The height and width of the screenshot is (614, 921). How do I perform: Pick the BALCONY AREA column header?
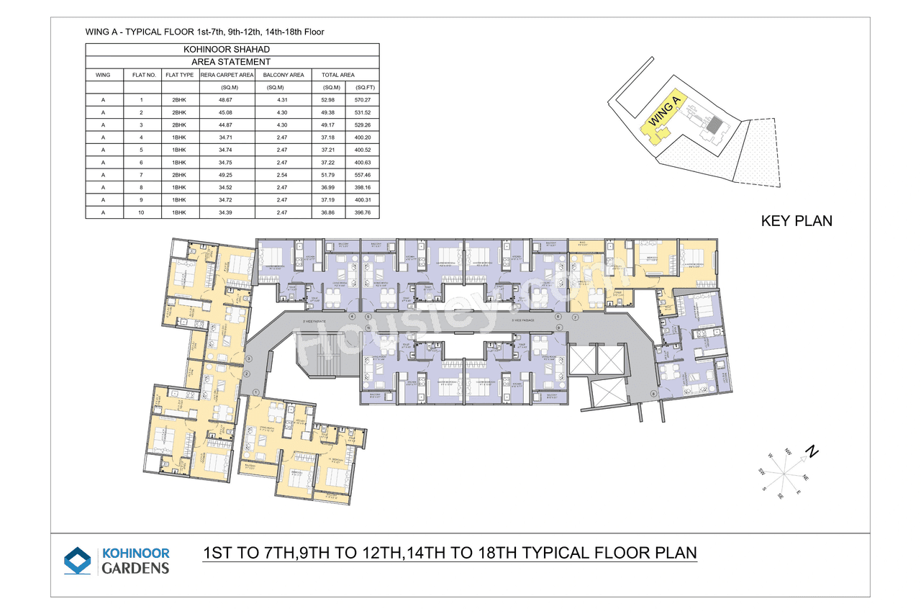click(x=283, y=75)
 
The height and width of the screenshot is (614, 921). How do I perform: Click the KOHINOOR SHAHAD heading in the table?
click(x=232, y=49)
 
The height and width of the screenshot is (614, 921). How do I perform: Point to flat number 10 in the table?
click(x=141, y=213)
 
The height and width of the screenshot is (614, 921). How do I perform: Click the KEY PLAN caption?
click(x=796, y=221)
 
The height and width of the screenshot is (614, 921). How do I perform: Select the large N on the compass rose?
click(x=812, y=453)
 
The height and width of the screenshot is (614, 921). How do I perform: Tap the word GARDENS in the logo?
click(x=135, y=568)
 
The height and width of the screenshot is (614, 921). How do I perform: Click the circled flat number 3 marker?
click(x=248, y=358)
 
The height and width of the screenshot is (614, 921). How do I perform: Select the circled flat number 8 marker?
click(x=653, y=393)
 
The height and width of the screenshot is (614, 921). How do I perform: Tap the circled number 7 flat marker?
click(x=575, y=317)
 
